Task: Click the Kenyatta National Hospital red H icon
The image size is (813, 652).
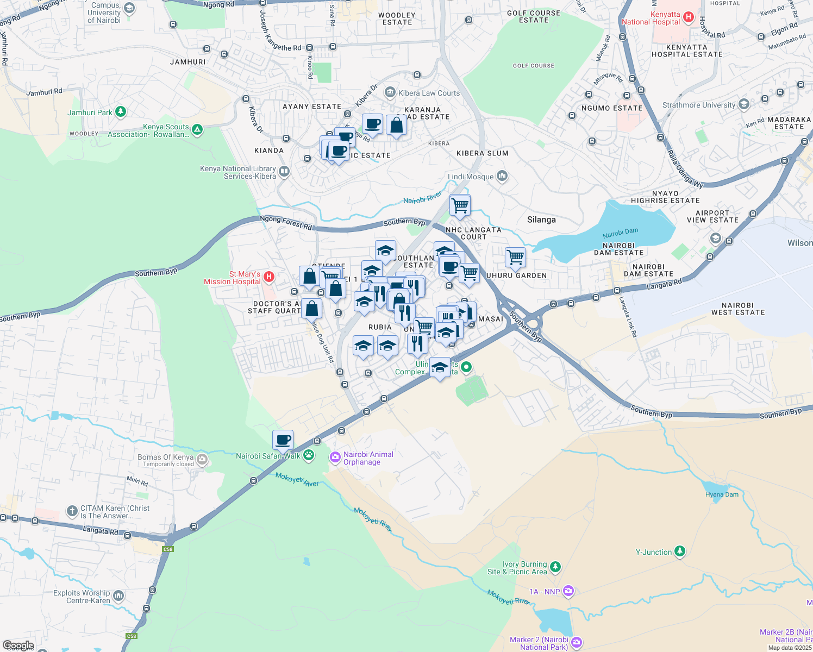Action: pos(689,17)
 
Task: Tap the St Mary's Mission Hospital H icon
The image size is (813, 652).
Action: pos(268,278)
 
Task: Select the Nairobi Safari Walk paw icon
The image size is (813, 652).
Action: pos(309,455)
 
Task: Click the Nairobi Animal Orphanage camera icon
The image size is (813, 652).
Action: pos(335,457)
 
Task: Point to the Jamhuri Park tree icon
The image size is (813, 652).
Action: pos(121,112)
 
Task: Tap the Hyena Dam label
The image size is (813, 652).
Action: pos(722,494)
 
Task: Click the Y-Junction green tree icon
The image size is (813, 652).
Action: pos(679,551)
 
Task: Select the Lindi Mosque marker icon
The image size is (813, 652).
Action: pos(502,176)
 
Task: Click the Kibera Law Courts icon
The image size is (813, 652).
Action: pos(390,93)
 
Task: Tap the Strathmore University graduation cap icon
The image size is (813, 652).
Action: pos(743,104)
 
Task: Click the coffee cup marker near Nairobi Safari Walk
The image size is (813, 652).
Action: pos(283,440)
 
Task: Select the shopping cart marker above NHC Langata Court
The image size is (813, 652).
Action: pos(460,205)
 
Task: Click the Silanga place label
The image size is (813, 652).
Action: pos(541,220)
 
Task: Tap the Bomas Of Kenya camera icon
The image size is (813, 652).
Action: pos(202,460)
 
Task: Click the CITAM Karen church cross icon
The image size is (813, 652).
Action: pos(72,511)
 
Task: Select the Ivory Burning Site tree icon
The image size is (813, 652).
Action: pos(555,567)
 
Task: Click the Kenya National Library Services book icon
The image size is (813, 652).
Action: pos(284,172)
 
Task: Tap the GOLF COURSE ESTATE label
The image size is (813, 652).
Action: pos(533,16)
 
